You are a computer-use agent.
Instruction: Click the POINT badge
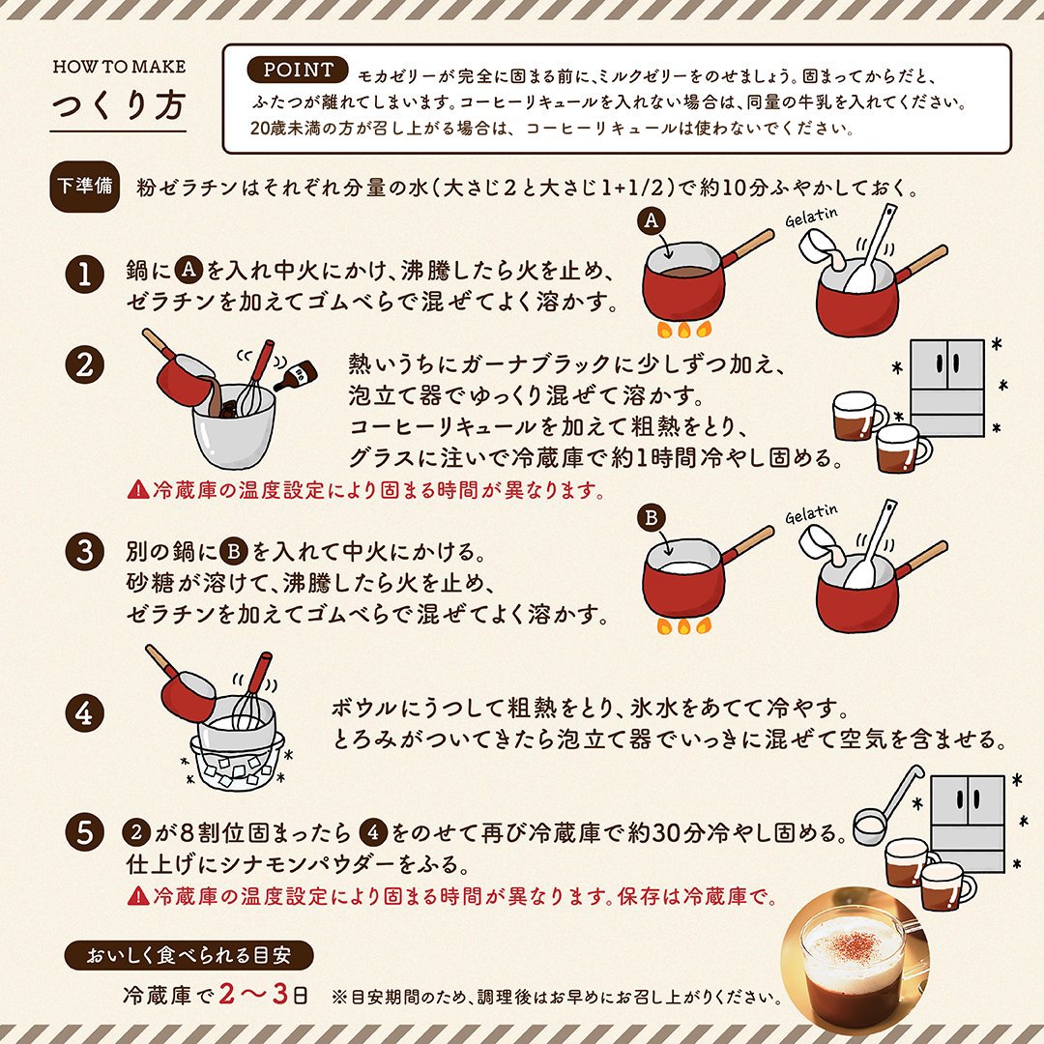point(297,70)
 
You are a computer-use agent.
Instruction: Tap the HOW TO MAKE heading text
point(119,67)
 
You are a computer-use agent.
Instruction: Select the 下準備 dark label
point(84,187)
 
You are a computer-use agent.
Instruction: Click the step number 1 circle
point(84,274)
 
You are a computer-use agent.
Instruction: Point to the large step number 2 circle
point(84,364)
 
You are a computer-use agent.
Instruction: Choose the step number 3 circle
point(84,551)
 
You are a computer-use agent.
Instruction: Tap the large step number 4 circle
point(84,713)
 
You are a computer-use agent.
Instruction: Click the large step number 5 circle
point(84,832)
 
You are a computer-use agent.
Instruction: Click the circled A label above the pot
point(652,220)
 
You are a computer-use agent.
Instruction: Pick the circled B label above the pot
point(652,517)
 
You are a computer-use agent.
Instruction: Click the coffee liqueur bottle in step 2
point(297,375)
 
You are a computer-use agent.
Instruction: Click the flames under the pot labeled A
point(683,329)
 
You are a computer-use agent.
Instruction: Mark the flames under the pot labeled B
point(683,625)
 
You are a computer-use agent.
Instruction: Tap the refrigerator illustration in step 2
point(946,389)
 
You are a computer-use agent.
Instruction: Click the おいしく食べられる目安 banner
point(189,955)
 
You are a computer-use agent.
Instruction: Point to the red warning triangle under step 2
point(138,490)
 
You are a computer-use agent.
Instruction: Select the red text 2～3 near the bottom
point(253,994)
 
